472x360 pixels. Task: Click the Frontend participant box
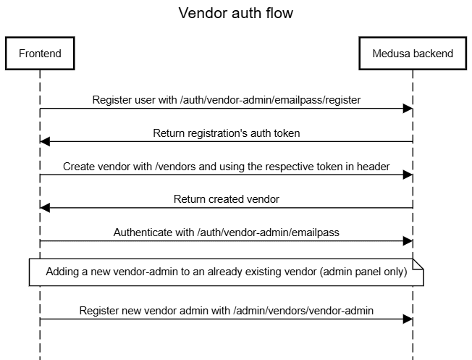pos(40,54)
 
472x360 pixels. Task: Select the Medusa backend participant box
pos(413,54)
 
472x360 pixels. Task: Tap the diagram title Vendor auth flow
pos(236,13)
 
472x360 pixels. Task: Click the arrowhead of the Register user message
pos(408,109)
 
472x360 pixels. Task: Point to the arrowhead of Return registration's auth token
pos(45,141)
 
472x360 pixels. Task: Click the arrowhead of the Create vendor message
pos(408,175)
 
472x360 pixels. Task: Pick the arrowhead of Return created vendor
pos(45,208)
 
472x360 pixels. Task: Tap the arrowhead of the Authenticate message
pos(408,241)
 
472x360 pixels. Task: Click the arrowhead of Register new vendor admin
pos(408,319)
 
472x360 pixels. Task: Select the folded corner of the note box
pos(418,264)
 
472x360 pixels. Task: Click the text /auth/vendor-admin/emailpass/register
pos(270,100)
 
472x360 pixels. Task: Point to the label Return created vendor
pos(227,199)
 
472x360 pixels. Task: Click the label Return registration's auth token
pos(227,133)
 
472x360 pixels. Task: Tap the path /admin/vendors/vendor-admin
pos(303,311)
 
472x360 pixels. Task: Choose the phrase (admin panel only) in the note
pos(363,272)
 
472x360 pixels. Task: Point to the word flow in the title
pos(279,13)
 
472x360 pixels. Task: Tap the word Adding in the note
pos(62,272)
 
